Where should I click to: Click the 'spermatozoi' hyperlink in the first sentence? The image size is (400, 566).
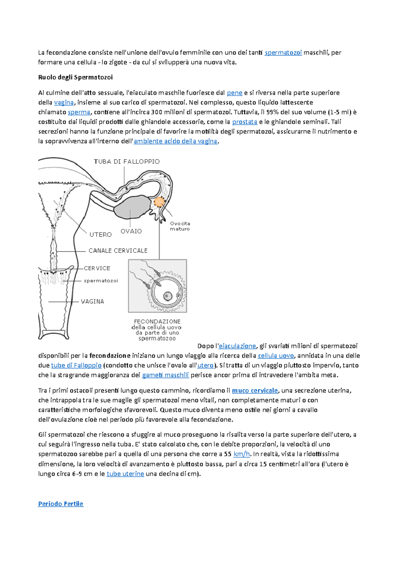[283, 52]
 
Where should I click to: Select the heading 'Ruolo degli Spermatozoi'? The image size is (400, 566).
[75, 77]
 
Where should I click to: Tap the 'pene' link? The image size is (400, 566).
[234, 93]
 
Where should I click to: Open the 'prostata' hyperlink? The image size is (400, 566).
[245, 122]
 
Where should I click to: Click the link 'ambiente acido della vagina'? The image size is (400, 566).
[175, 141]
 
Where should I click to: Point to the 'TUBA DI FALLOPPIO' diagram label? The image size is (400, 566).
[127, 162]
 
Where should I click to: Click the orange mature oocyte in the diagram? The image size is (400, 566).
[159, 202]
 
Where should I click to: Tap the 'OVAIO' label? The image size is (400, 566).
[131, 231]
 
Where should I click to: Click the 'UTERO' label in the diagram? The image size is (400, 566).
[101, 235]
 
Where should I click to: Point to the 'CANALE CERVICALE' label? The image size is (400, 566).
[118, 251]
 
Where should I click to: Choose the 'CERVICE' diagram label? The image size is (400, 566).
[97, 268]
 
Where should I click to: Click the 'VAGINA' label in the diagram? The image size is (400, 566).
[92, 302]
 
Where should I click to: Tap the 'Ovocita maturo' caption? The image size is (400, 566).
[180, 226]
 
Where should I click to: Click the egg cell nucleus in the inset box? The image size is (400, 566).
[168, 296]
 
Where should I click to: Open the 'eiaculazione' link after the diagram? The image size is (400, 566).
[237, 346]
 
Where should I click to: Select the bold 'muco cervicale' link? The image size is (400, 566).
[255, 390]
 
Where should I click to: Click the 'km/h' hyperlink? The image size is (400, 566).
[242, 454]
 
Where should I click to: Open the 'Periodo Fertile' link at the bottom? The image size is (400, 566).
[61, 504]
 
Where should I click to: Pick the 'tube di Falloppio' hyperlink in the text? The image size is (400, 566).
[76, 365]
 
